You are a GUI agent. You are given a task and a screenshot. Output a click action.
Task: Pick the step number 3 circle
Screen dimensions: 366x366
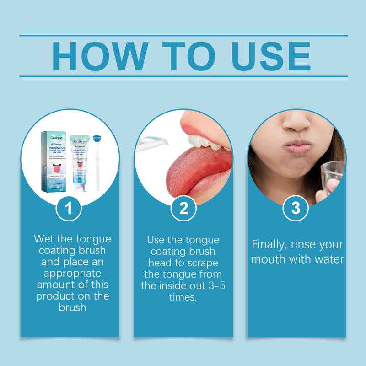point(296,209)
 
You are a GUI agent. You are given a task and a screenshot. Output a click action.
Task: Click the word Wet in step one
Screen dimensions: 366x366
point(44,239)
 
